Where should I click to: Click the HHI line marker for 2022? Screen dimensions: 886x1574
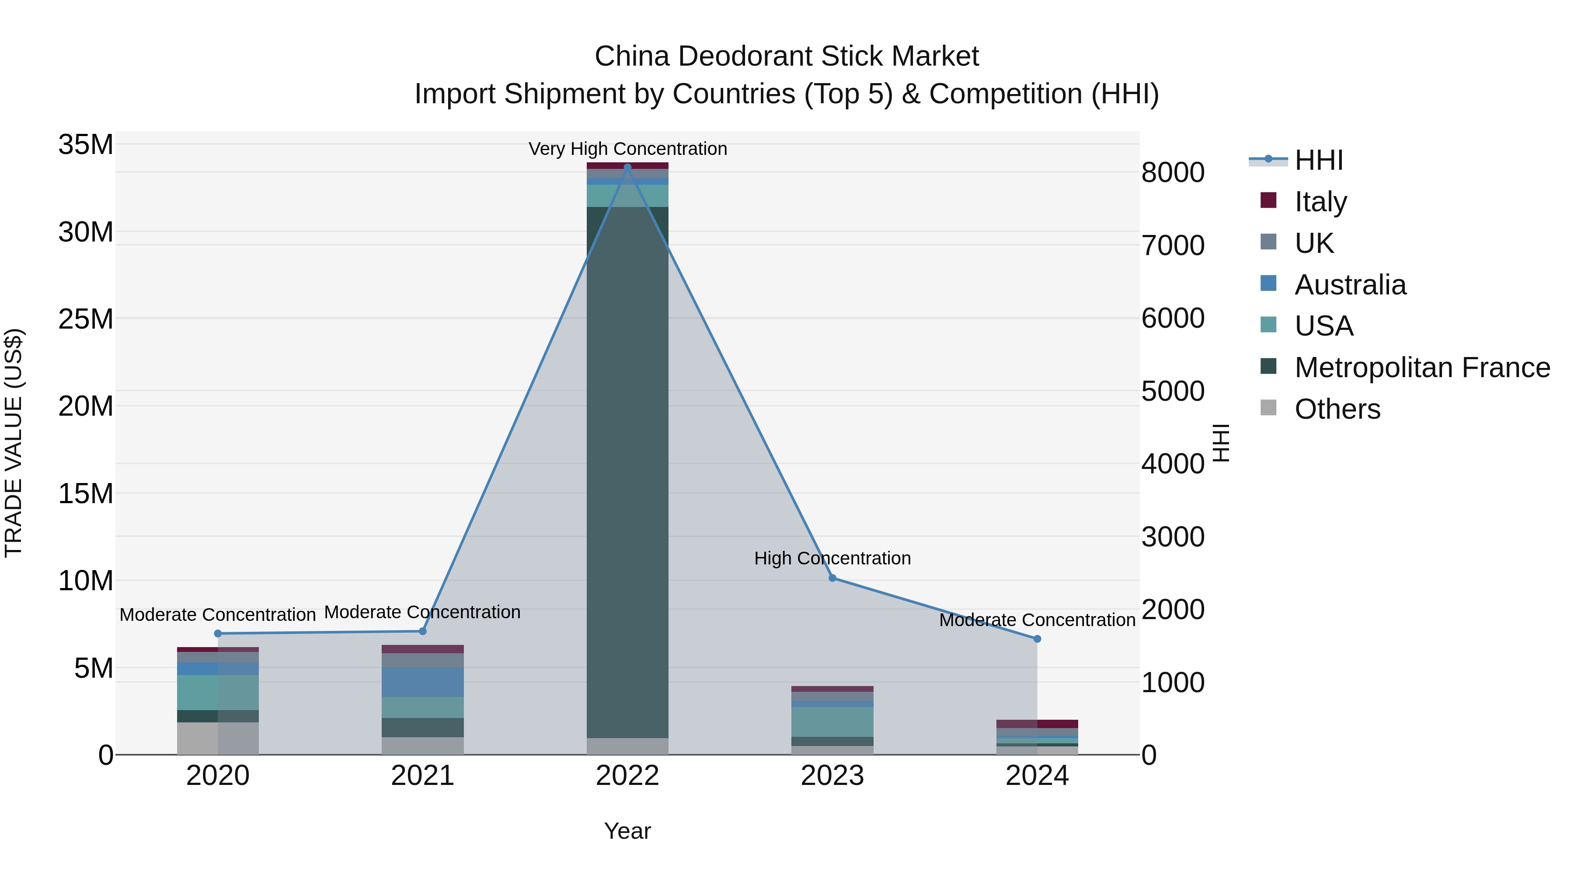(627, 167)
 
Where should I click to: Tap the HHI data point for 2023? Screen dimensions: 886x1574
(832, 578)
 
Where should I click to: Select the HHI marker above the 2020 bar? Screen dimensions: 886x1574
(218, 634)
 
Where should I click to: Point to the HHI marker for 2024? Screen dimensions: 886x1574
(1037, 639)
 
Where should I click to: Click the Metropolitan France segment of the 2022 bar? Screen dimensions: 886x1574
(627, 471)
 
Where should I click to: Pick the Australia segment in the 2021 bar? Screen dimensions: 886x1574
(422, 682)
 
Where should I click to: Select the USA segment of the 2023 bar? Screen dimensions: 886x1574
(832, 721)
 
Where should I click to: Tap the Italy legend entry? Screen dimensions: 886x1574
(1320, 201)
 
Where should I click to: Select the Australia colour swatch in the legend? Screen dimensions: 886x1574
(1268, 284)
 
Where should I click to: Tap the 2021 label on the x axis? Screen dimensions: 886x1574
(422, 776)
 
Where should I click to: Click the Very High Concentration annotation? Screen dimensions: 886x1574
(627, 149)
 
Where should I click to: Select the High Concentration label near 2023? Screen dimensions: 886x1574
(832, 558)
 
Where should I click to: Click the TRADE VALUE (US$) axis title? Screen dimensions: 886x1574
(14, 443)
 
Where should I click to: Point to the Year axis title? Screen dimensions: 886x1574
(627, 831)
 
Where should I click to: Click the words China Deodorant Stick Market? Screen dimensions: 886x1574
(787, 56)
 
